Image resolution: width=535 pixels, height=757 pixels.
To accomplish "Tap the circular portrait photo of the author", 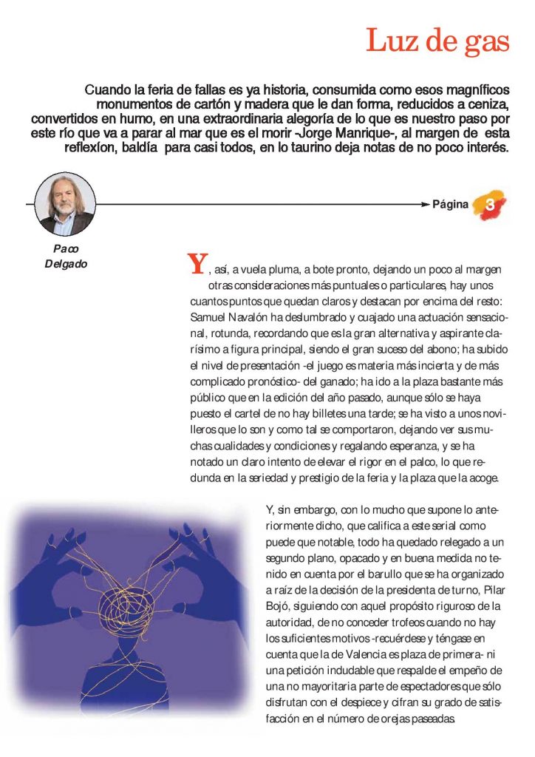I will click(65, 204).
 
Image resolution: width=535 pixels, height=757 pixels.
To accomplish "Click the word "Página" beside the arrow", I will click(450, 205).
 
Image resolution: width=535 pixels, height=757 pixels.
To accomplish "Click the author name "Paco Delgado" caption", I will click(65, 256).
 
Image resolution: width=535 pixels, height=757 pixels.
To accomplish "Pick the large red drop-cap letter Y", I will click(197, 264).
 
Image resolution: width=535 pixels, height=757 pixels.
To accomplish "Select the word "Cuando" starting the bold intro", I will click(108, 90).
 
